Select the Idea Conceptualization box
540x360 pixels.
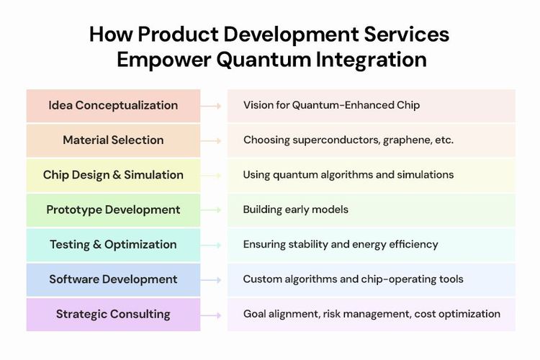pos(113,105)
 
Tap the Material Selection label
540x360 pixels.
pos(113,140)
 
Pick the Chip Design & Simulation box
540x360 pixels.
pos(113,175)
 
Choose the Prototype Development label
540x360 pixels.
pos(113,210)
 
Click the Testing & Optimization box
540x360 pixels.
pos(113,244)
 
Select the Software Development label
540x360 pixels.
pos(113,279)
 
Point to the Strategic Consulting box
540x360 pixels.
pos(113,314)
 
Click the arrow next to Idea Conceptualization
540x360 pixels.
pos(212,106)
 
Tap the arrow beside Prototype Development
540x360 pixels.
pos(212,210)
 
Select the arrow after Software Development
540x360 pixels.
pos(212,279)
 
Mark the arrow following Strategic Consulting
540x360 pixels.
pos(212,314)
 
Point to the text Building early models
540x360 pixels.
pos(295,210)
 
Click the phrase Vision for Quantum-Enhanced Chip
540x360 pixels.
pos(331,105)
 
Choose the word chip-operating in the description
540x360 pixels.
pos(401,279)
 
